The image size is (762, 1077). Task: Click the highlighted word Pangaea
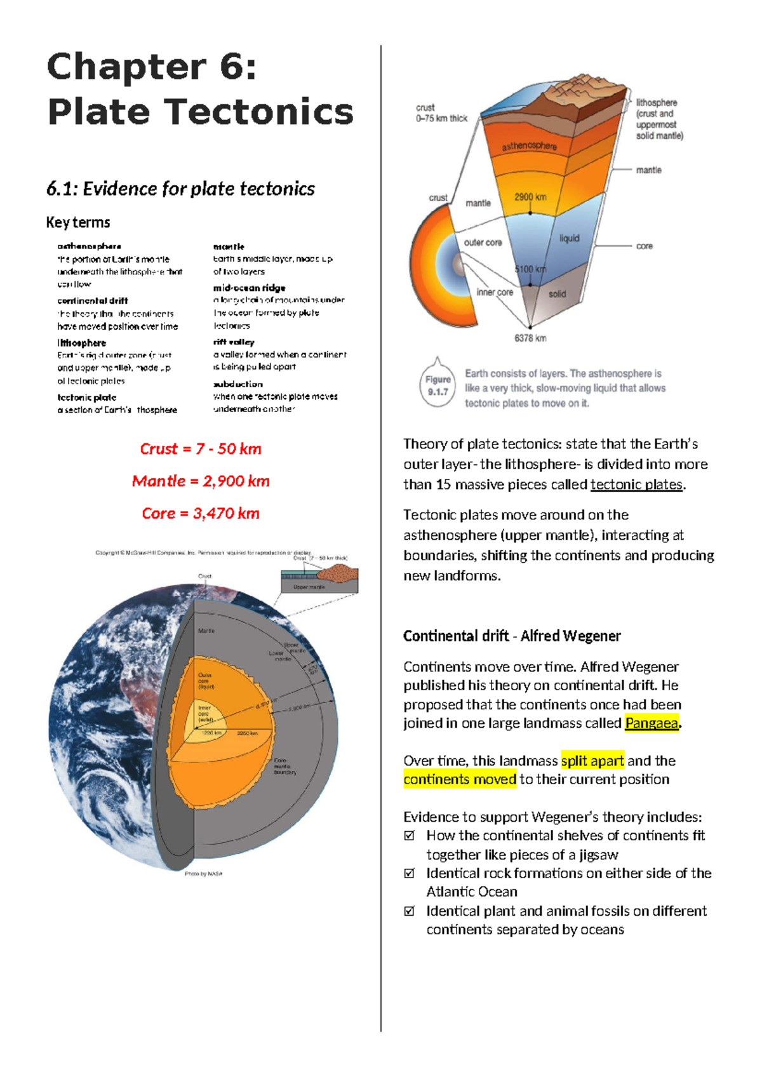(652, 723)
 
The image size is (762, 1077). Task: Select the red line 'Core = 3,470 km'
(201, 513)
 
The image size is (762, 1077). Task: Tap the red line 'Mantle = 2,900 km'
(201, 481)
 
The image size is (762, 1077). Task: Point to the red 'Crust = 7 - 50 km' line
(201, 449)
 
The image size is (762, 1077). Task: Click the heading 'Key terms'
(78, 222)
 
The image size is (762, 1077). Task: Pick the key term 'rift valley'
(234, 342)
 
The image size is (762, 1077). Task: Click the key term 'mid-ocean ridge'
(250, 288)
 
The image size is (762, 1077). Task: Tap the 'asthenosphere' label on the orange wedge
(529, 146)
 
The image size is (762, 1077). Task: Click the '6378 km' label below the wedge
(530, 338)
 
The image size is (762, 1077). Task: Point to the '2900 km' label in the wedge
(530, 197)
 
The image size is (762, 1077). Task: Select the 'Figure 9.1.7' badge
(438, 385)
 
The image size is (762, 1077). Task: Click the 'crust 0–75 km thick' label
(441, 113)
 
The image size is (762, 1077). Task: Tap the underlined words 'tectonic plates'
(636, 485)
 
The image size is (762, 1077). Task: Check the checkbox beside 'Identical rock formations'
(410, 873)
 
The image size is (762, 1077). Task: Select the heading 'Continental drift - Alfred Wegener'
(512, 636)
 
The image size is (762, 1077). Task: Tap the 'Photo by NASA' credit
(203, 874)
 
